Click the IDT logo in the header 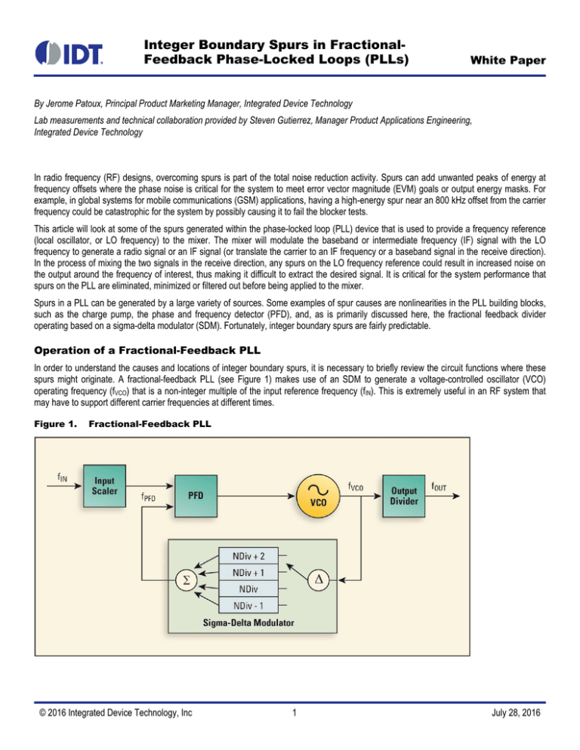point(69,53)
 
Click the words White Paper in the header point(507,60)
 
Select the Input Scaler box point(104,486)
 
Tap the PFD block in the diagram point(196,496)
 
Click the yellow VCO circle point(318,496)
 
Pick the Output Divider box point(404,496)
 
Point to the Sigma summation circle point(187,580)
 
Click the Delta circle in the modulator point(319,579)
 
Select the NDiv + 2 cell point(248,556)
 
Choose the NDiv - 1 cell point(248,606)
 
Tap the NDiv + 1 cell point(248,573)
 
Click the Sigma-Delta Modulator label point(248,622)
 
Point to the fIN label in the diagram point(62,478)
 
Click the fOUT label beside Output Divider point(438,487)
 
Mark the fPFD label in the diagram point(149,497)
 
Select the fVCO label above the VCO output point(356,487)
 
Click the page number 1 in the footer point(294,713)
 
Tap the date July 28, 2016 point(516,713)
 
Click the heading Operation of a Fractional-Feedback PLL point(147,351)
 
